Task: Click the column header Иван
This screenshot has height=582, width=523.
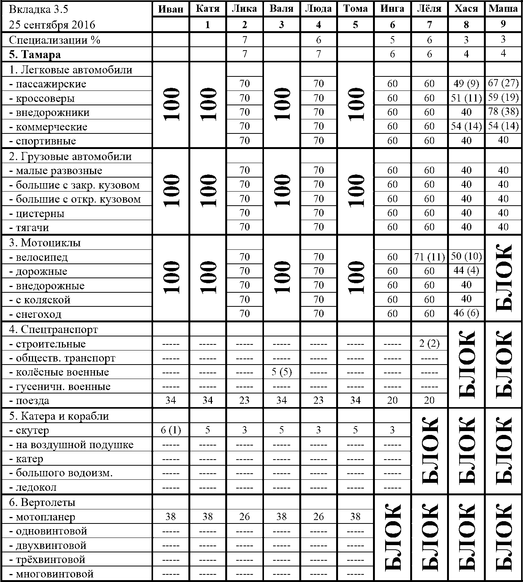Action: pos(170,9)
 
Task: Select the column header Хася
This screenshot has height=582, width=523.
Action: pos(466,9)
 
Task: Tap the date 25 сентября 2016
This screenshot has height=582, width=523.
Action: pos(52,25)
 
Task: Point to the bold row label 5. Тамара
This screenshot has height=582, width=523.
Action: pos(35,54)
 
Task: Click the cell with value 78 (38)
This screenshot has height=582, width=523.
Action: pos(503,112)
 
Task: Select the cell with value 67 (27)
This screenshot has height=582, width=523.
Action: pos(503,84)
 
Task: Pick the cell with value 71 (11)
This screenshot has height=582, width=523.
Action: pos(429,257)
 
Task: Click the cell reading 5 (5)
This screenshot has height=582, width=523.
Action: pos(281,372)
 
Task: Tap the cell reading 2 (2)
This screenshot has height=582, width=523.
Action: pos(429,344)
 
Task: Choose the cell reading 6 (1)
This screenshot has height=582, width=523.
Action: pos(171,430)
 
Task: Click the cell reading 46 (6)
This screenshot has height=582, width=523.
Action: pos(466,313)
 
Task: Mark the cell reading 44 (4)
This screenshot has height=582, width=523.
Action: pos(466,271)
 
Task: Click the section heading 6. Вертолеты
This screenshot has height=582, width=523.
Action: pos(42,502)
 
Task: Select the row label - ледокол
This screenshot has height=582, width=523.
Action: pos(33,487)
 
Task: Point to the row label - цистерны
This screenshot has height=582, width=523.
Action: pos(36,213)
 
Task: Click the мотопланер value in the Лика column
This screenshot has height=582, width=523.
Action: pos(245,516)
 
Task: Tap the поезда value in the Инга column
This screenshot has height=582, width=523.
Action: pos(392,400)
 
